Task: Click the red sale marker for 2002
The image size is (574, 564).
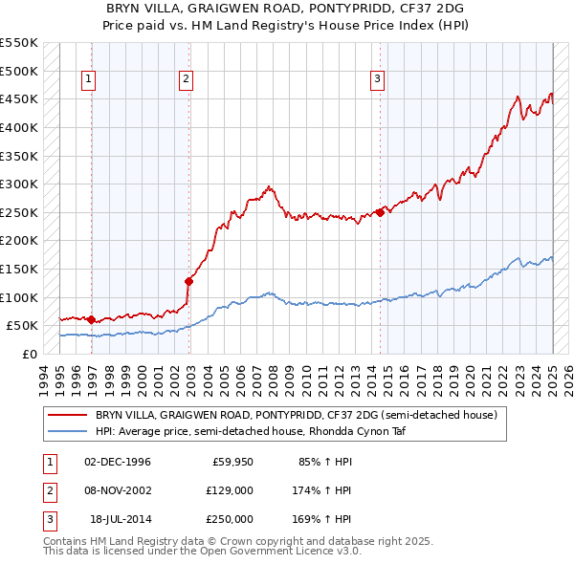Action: click(x=188, y=280)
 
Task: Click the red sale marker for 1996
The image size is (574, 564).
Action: click(x=91, y=320)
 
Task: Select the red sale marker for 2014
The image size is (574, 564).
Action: click(x=380, y=212)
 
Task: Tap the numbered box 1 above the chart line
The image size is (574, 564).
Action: click(x=88, y=79)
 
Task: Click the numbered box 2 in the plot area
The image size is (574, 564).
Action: click(x=186, y=79)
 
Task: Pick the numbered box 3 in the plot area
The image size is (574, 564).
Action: click(x=377, y=79)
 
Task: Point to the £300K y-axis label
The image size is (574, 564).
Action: click(x=18, y=184)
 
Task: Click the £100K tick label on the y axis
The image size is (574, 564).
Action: click(x=18, y=297)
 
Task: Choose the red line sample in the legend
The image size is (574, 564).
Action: click(x=66, y=416)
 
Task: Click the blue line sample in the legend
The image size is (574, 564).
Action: click(x=66, y=431)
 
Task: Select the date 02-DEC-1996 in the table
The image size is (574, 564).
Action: click(x=118, y=463)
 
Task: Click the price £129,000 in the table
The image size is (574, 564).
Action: click(x=230, y=490)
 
